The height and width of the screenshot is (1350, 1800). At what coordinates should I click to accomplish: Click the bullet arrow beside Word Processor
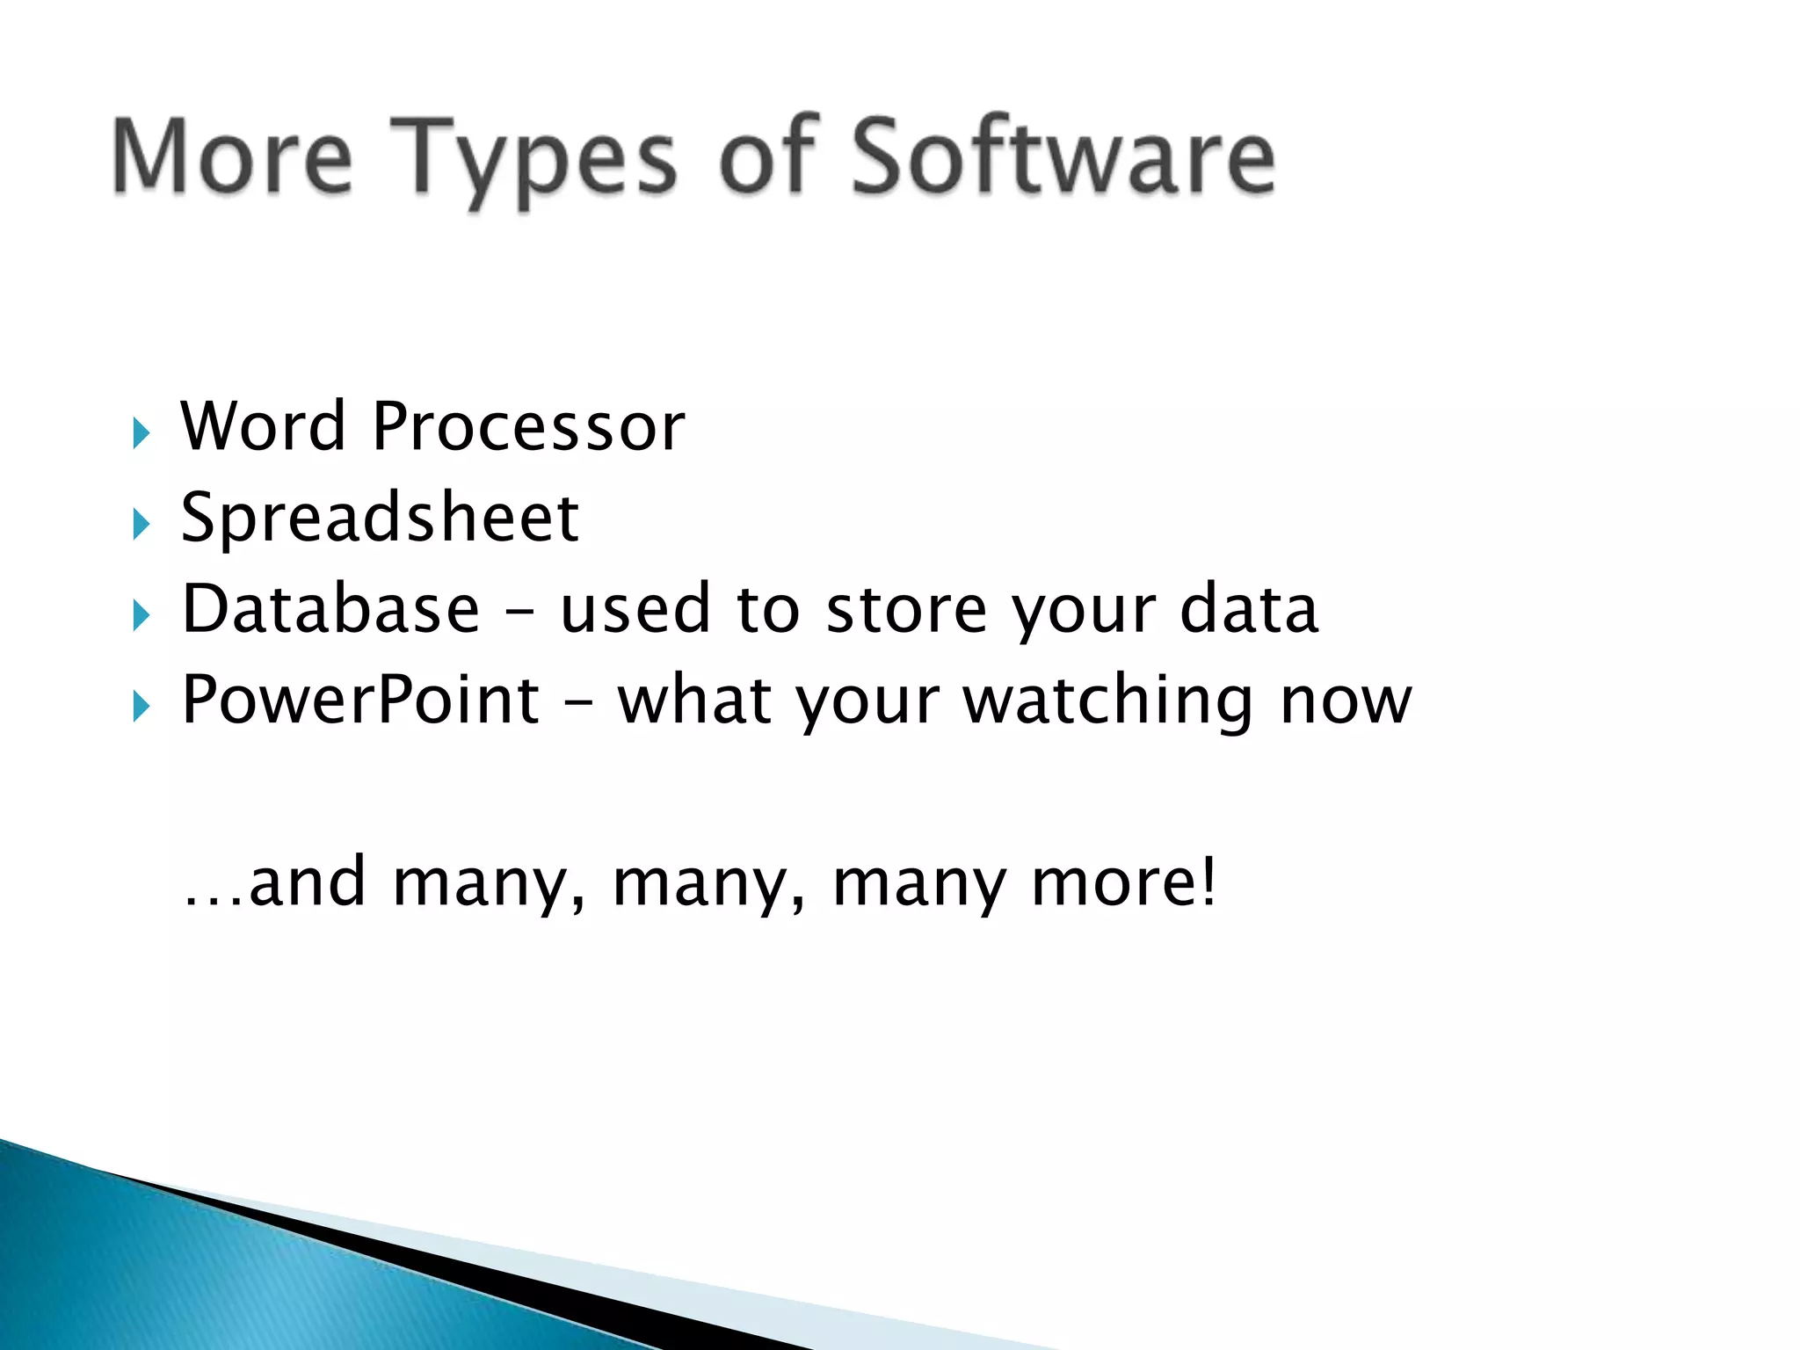click(x=142, y=433)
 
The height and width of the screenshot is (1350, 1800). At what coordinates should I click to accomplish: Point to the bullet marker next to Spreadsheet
click(x=142, y=525)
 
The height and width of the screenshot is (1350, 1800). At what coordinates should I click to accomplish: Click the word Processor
click(x=528, y=426)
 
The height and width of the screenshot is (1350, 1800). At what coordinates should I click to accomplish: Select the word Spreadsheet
click(x=380, y=519)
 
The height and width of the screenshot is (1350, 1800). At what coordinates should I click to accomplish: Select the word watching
click(x=1108, y=701)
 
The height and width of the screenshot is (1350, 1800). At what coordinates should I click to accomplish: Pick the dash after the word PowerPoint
click(x=577, y=703)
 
